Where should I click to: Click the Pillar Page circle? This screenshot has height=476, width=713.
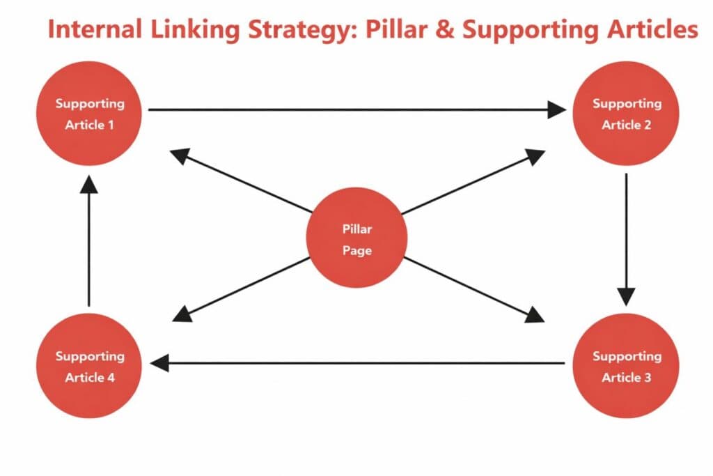pos(356,238)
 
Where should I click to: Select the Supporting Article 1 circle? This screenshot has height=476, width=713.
pos(90,114)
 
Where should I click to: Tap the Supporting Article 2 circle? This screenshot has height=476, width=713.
pos(626,114)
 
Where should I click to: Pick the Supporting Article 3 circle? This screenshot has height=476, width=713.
pos(626,366)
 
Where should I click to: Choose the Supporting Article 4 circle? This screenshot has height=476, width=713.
pos(90,366)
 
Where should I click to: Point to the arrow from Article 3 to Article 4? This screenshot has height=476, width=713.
pos(359,362)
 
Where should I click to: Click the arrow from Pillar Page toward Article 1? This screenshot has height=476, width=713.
pos(240,183)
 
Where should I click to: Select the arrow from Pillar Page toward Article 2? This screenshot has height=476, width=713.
pos(473,183)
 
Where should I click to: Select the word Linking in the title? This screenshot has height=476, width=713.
pos(186,31)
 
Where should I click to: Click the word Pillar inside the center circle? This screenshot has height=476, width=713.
pos(356,229)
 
